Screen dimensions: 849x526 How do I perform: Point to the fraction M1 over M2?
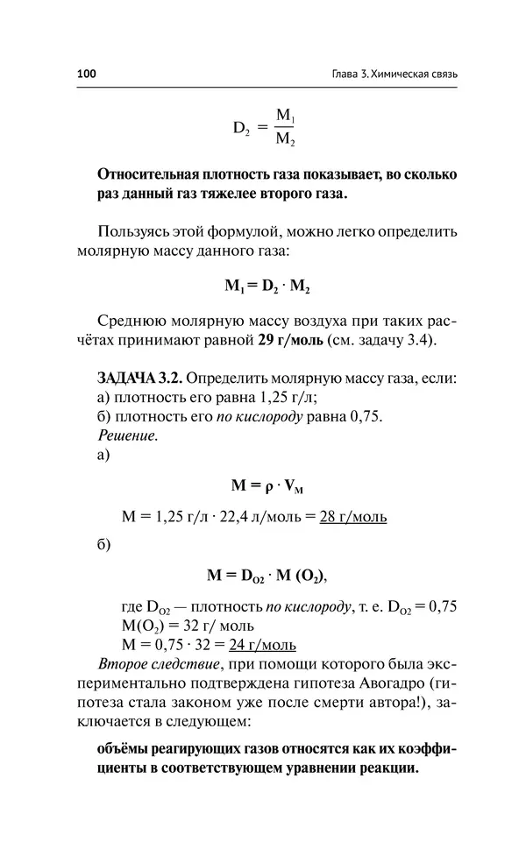[x=286, y=127]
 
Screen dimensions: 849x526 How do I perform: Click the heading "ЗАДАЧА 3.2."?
[x=139, y=379]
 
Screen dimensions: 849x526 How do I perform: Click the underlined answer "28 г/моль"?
[x=353, y=517]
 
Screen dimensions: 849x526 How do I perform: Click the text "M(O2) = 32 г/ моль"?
[x=189, y=626]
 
